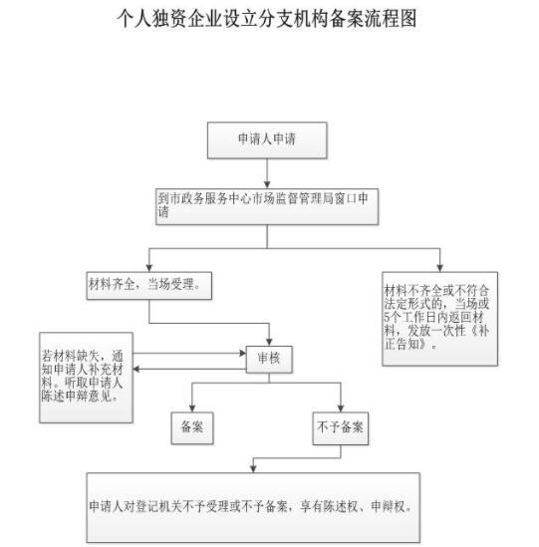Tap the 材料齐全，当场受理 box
tap(148, 285)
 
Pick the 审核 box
tap(266, 358)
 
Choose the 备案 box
tap(192, 426)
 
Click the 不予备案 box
tap(340, 426)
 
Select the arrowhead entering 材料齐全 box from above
tap(148, 265)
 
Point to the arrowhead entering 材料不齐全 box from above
tap(438, 265)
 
